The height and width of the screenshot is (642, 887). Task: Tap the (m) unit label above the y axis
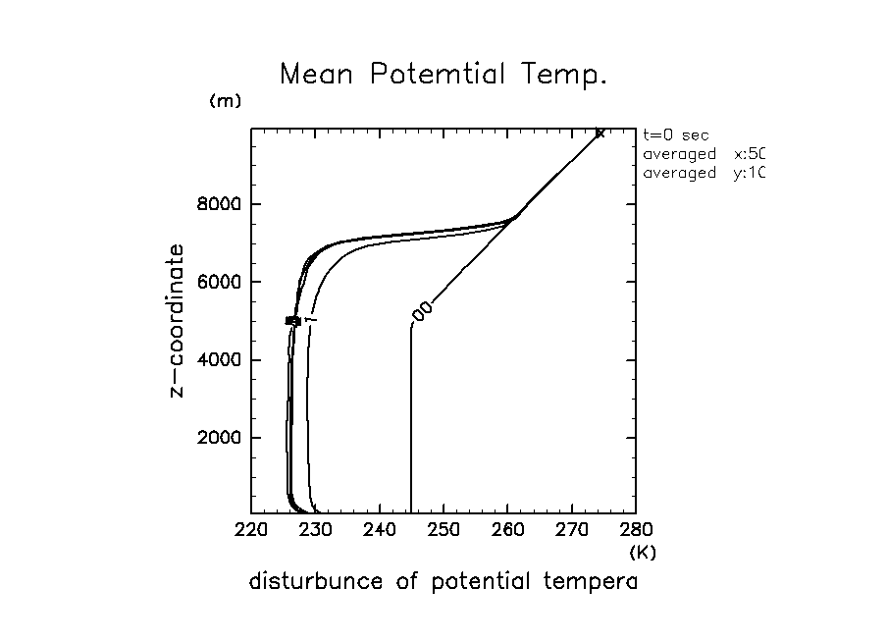tap(225, 102)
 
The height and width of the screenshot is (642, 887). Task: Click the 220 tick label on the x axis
tap(251, 532)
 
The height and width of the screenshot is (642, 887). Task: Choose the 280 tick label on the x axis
tap(636, 532)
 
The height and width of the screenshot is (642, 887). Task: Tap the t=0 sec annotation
tap(675, 135)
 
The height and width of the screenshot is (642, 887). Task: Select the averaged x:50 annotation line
tap(703, 154)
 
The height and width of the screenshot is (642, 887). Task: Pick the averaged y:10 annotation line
tap(703, 173)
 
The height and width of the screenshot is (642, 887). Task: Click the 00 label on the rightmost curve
tap(423, 311)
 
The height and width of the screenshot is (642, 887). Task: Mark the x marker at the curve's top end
tap(600, 133)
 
